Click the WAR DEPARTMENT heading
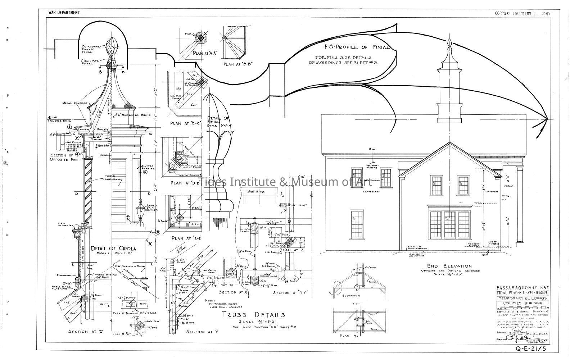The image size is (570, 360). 64,13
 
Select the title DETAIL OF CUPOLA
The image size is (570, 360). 113,249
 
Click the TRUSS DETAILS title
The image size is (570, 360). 254,315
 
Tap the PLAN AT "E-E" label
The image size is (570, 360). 186,238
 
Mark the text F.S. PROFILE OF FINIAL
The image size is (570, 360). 351,47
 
